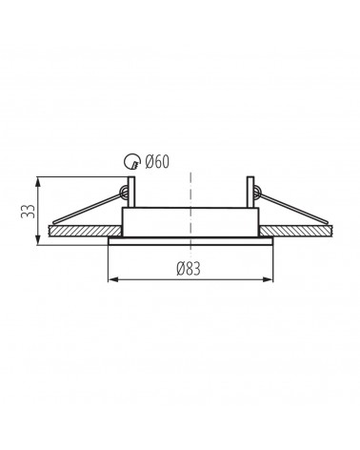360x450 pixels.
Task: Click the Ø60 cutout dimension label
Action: click(x=157, y=162)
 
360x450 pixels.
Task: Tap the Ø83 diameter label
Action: click(x=189, y=269)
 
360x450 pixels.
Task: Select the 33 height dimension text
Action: click(x=28, y=211)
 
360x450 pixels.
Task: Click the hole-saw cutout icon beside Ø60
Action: click(x=131, y=161)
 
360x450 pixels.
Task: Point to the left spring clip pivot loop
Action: click(x=123, y=192)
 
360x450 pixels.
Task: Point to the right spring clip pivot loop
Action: click(x=257, y=192)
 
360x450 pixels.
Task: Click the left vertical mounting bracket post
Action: click(x=131, y=192)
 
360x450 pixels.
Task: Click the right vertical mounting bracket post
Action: click(x=250, y=192)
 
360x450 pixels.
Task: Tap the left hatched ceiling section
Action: click(x=85, y=231)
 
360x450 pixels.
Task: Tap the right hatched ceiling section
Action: click(x=296, y=231)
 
